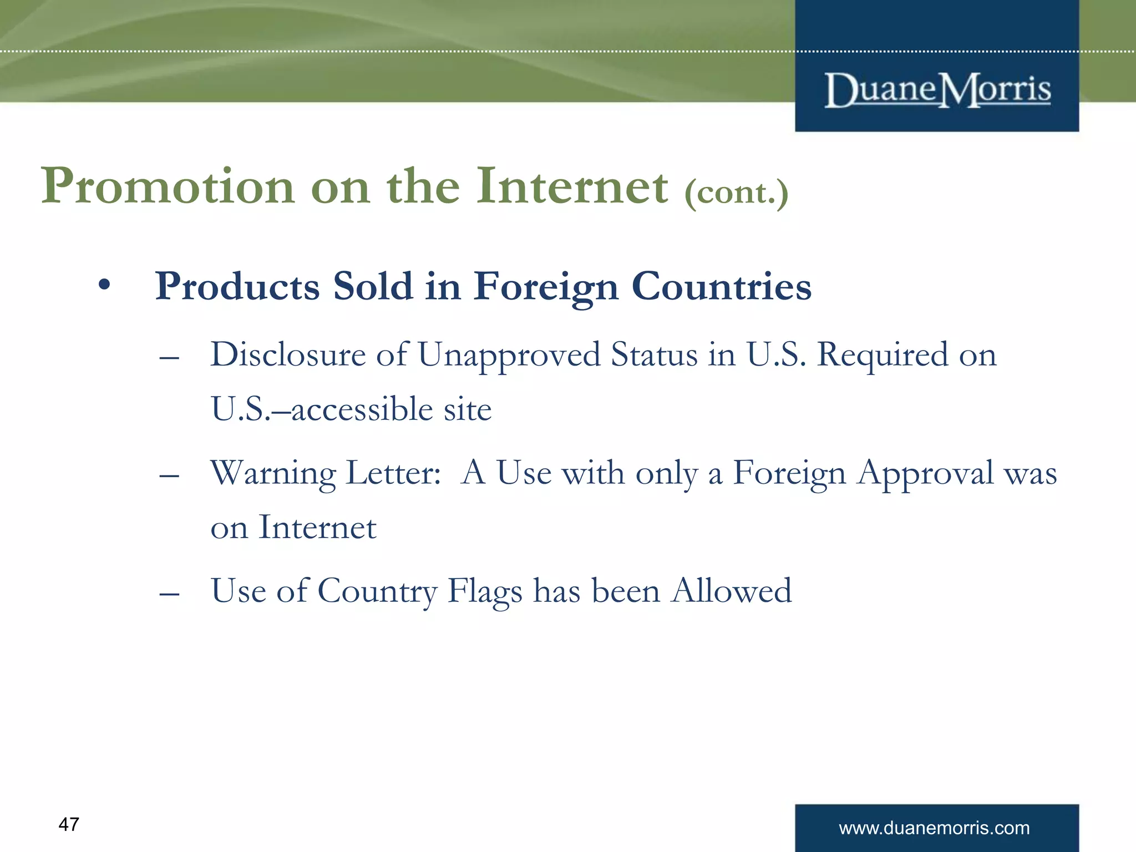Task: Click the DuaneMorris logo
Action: [937, 90]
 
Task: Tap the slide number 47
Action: [69, 824]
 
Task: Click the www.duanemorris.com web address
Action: [934, 828]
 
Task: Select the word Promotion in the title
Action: [168, 187]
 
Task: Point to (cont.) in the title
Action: [736, 192]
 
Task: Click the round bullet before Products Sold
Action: [104, 286]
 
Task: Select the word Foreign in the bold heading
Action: [546, 288]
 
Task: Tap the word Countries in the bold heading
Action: [721, 287]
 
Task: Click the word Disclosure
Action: [288, 354]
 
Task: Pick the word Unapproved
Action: [509, 356]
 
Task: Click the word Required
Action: [883, 354]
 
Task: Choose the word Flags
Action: [485, 591]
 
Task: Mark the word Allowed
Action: [732, 590]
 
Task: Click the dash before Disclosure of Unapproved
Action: [169, 358]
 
